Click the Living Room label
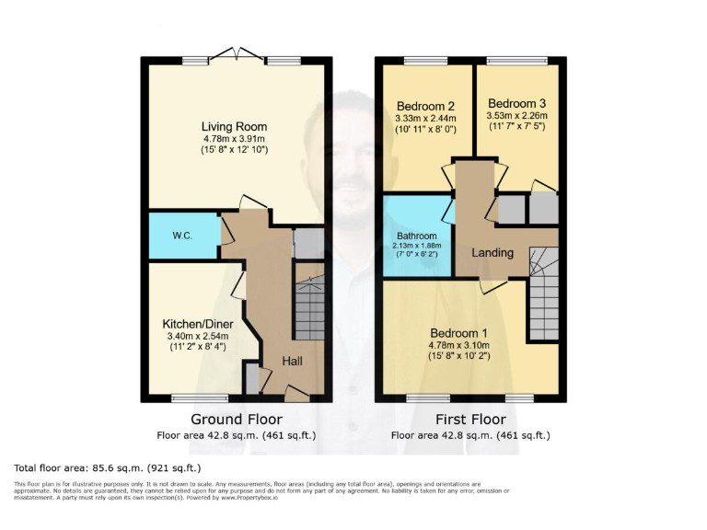[x=235, y=127]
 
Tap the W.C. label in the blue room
[x=181, y=235]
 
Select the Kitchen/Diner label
[x=198, y=325]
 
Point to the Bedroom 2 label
[x=420, y=104]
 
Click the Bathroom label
[x=418, y=236]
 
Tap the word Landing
[x=493, y=252]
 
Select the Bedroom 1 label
[x=458, y=332]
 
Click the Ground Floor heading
[x=235, y=419]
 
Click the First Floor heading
[x=469, y=419]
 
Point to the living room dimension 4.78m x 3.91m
[x=235, y=139]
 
